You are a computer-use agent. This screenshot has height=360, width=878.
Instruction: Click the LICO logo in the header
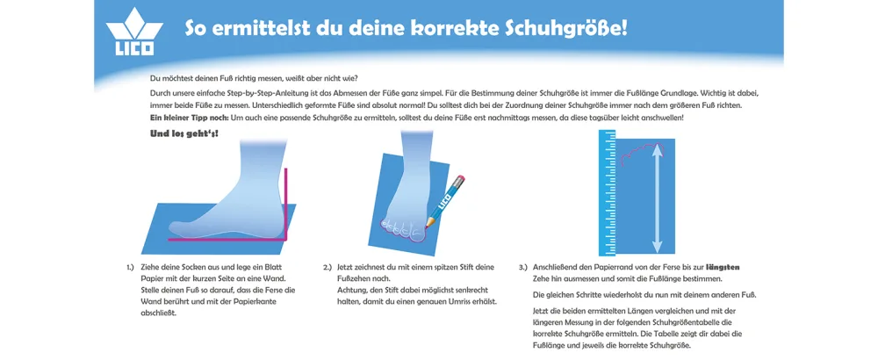click(x=134, y=32)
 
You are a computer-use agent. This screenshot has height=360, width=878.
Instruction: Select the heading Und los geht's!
click(x=184, y=134)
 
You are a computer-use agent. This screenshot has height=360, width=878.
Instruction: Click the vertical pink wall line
click(x=286, y=203)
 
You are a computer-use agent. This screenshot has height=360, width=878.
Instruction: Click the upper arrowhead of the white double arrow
click(x=658, y=149)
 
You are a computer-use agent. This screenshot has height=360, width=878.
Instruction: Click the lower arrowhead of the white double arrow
click(x=658, y=246)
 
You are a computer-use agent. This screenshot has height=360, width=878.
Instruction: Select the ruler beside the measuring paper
click(x=607, y=192)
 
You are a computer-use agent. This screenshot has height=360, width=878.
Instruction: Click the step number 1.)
click(x=131, y=268)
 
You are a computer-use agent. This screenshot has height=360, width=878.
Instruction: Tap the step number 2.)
click(x=327, y=268)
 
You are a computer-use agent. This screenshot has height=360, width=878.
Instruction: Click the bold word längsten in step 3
click(x=723, y=267)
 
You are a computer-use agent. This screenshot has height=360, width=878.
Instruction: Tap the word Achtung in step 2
click(x=352, y=290)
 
